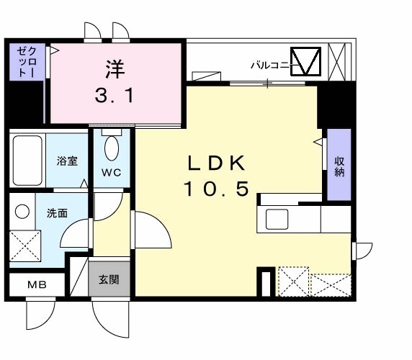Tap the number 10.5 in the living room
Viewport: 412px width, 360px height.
tap(215, 189)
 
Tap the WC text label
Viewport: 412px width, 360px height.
tap(111, 173)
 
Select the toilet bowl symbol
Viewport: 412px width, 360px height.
tap(112, 147)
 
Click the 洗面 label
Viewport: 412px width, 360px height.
tap(57, 214)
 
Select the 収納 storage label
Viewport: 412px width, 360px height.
tap(339, 166)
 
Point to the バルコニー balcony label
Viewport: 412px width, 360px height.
tap(270, 65)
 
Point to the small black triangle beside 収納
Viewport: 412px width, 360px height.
tap(318, 141)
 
